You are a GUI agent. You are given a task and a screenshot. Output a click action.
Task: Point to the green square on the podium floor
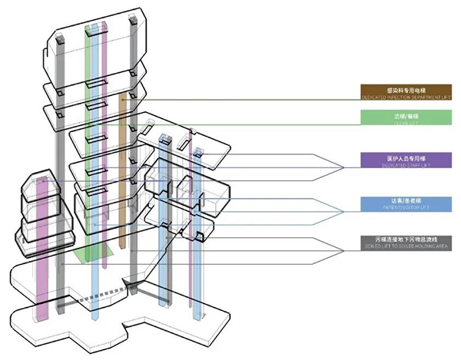[93, 256]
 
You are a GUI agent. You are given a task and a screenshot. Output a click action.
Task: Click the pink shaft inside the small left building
[42, 230]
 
